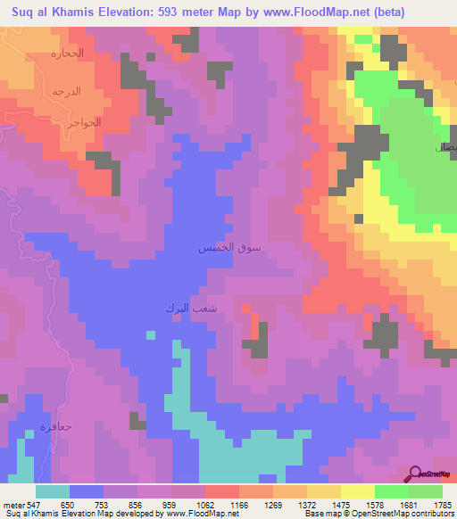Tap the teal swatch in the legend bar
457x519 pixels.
click(53, 491)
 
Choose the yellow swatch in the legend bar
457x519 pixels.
click(358, 491)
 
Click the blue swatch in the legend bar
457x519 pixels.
click(87, 491)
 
